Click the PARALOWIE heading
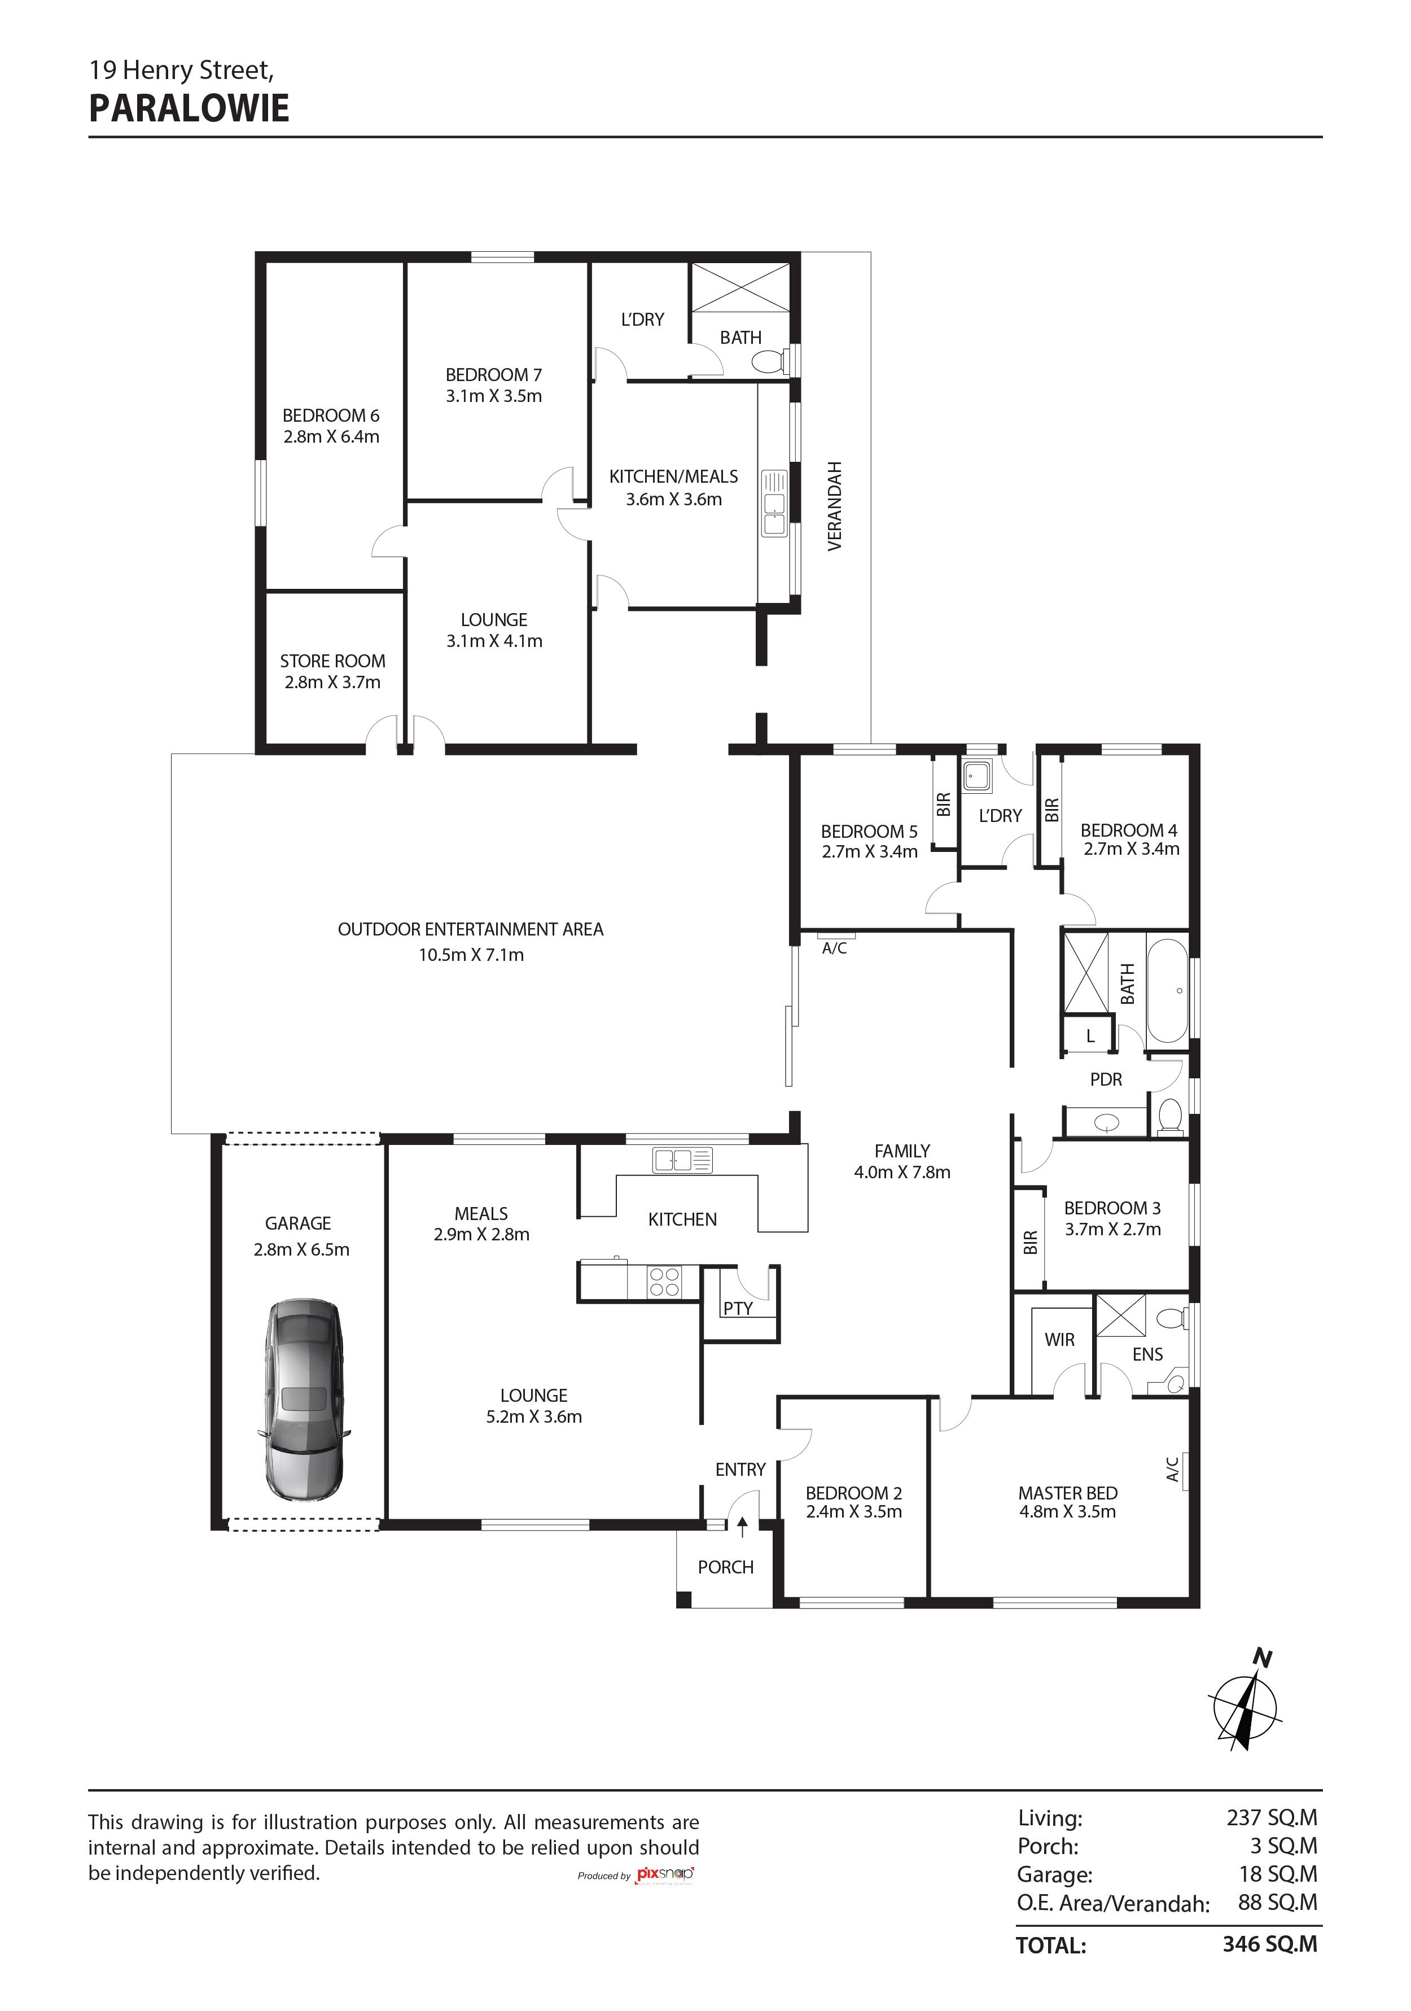click(x=189, y=108)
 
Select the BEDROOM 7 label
click(x=493, y=375)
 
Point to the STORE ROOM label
click(x=333, y=661)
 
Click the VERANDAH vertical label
click(x=835, y=506)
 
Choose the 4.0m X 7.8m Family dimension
click(x=902, y=1172)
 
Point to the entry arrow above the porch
click(x=743, y=1528)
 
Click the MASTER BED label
click(x=1068, y=1493)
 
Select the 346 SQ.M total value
click(x=1270, y=1944)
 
